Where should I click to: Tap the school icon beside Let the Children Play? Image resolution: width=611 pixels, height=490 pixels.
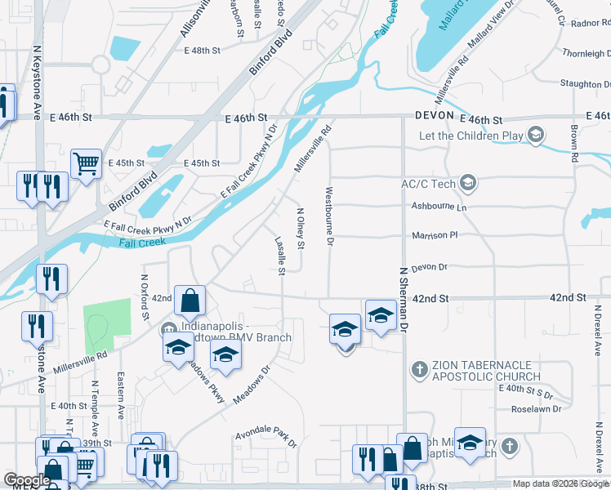(x=536, y=134)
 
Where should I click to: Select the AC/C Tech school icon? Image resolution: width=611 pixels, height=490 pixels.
(x=468, y=181)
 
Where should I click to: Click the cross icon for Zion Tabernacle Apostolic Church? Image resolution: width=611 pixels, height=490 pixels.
(x=420, y=369)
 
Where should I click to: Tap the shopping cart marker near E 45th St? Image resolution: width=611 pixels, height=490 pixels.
(x=85, y=163)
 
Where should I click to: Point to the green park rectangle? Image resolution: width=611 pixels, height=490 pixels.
(x=107, y=327)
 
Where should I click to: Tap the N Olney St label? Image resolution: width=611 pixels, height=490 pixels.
(x=300, y=229)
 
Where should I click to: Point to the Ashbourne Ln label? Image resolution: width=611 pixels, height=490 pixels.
(x=439, y=207)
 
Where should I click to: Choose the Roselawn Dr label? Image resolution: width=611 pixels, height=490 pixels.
(x=535, y=408)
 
